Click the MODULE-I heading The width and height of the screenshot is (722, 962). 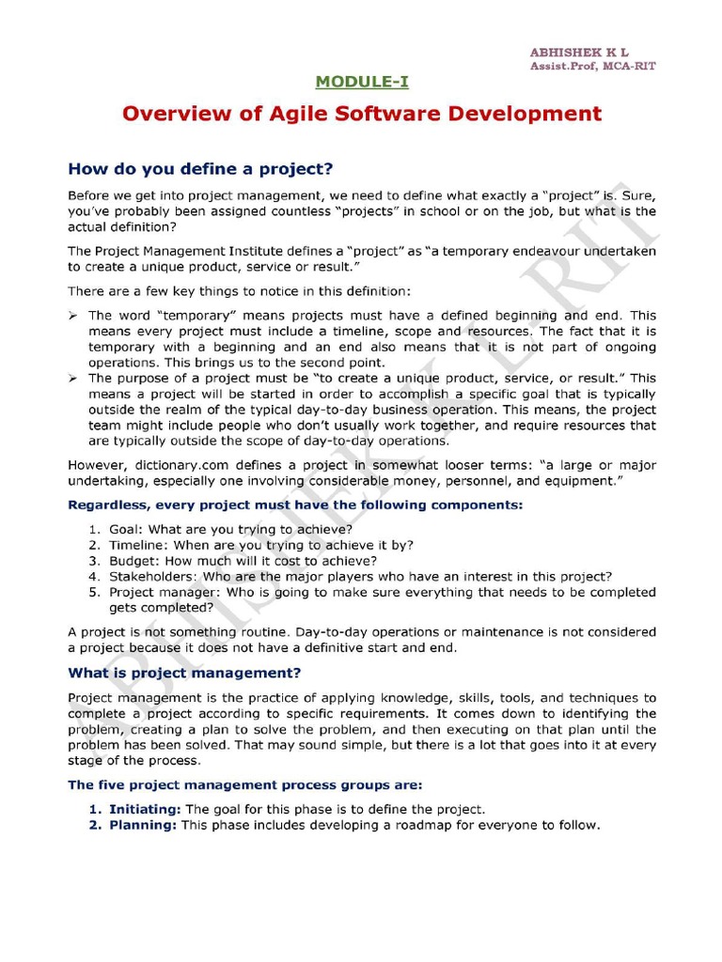(x=362, y=82)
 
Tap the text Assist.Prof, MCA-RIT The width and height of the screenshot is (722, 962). (x=592, y=66)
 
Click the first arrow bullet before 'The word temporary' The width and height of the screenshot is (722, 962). (x=74, y=316)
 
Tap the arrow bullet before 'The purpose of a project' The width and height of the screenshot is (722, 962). (x=74, y=378)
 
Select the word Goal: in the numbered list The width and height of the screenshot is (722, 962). (x=127, y=529)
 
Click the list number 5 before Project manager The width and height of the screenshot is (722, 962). (x=94, y=592)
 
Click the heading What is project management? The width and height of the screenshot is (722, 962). (x=185, y=673)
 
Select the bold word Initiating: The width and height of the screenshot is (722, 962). (x=145, y=809)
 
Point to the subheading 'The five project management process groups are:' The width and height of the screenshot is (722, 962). (x=245, y=784)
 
